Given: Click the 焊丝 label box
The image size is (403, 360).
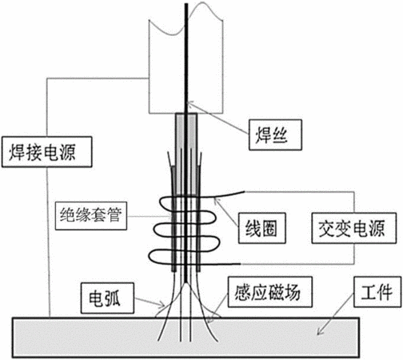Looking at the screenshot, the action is coord(275,134).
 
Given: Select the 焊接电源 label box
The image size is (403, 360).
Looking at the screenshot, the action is coord(47,152).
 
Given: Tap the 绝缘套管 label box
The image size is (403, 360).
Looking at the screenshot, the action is coord(91,216).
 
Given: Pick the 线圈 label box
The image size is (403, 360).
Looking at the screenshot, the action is coord(262,228).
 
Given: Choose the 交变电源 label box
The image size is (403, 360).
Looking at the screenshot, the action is coord(354,228).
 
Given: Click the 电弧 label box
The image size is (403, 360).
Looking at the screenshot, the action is coord(107,298).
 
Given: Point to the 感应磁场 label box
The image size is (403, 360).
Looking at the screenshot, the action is coord(270,292).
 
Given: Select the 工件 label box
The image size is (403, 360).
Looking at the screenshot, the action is coord(377,292).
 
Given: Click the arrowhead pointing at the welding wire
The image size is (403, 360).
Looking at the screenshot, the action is coord(190,104).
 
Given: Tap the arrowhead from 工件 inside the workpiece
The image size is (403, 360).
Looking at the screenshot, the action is coord(320,331).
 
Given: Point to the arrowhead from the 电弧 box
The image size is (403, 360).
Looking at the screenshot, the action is coord(162,304).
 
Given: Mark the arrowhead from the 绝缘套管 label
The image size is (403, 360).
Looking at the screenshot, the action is coord(170,216).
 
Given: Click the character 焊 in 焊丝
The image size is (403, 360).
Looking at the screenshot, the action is coord(264,135).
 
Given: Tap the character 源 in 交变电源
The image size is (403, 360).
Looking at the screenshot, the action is coord(377,228).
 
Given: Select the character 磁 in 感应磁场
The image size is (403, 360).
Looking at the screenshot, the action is coord(277,292).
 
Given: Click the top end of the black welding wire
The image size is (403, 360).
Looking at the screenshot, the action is coord(186,4).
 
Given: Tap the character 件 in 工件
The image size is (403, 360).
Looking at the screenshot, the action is coord(385,292).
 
